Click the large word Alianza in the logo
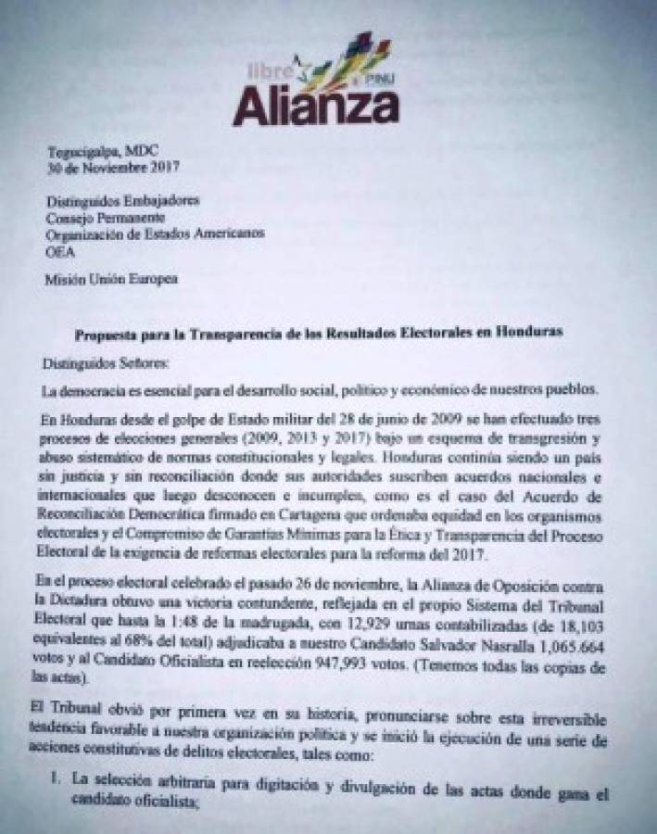(x=315, y=107)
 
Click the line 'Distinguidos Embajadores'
(x=122, y=199)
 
